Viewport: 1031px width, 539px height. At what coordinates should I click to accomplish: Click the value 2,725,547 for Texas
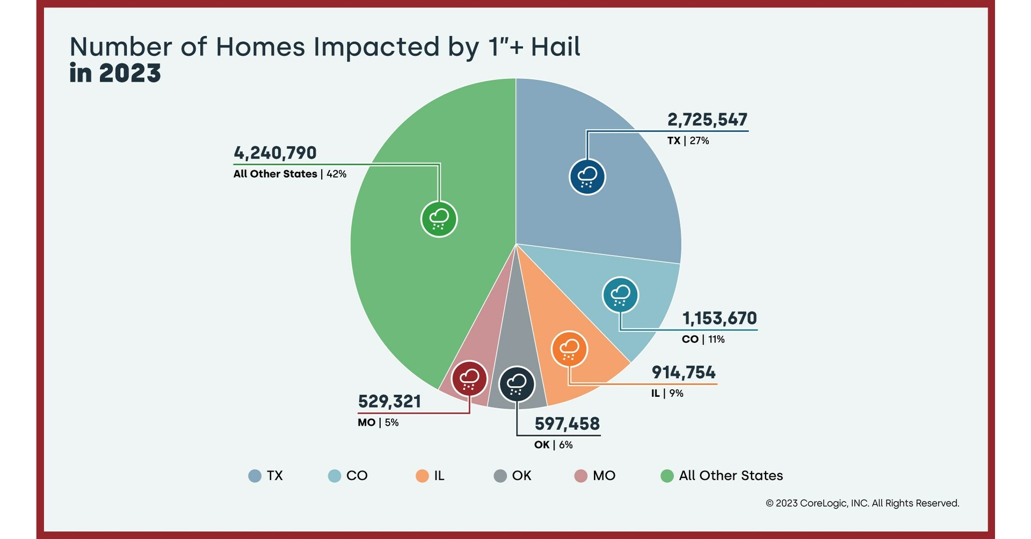click(707, 120)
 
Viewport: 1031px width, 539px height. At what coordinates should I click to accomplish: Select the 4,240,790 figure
click(275, 153)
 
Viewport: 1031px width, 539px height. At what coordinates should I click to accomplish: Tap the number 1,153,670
click(719, 319)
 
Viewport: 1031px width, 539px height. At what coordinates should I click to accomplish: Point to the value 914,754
click(683, 372)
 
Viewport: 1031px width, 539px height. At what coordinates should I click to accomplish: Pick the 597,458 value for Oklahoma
click(567, 424)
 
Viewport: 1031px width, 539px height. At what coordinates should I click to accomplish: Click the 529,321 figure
click(389, 401)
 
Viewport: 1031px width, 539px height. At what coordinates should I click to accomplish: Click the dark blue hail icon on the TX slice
click(587, 177)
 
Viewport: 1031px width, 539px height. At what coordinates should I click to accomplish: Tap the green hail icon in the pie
click(439, 219)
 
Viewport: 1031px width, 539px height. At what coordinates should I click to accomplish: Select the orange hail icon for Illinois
click(569, 349)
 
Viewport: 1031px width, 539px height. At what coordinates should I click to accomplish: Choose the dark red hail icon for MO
click(469, 379)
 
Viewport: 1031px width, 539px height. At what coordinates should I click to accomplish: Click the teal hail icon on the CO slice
click(620, 295)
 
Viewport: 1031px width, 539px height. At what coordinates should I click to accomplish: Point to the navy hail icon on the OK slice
click(517, 384)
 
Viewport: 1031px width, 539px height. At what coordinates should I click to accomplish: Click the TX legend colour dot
click(255, 476)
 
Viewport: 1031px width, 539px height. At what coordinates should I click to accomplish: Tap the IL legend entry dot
click(422, 476)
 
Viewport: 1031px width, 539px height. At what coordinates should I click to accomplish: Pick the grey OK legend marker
click(500, 476)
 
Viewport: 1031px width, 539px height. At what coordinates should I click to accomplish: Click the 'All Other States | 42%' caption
click(289, 174)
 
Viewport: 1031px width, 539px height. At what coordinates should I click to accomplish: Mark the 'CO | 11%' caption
click(703, 339)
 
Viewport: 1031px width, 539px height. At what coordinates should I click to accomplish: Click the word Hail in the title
click(555, 47)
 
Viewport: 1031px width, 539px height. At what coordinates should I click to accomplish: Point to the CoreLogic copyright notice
click(862, 503)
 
